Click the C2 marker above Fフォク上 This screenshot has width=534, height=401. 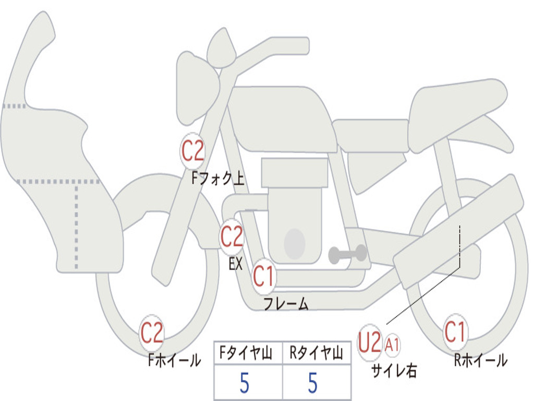coord(192,151)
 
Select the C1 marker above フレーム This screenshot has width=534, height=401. coord(264,277)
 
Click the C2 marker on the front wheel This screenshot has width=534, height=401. coord(152,333)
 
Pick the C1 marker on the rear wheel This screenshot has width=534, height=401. coord(455,332)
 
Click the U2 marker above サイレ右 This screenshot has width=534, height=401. coord(370,342)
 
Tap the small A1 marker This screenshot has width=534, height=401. coord(392,346)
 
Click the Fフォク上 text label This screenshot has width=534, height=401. coord(218,178)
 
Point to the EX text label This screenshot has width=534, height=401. coord(236,264)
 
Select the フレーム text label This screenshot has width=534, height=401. coord(286,303)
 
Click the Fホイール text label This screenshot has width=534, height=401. coord(174,360)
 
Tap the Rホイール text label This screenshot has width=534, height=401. coord(480,360)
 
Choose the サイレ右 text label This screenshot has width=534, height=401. coord(394,371)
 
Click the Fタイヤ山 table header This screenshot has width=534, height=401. coord(246,353)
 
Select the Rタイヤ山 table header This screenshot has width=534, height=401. coord(316,353)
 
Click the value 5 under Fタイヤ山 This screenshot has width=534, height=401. coord(244,383)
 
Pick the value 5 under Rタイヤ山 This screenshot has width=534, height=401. coord(313,383)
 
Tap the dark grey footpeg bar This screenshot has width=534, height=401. coord(347,254)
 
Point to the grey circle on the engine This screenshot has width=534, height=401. coord(295,244)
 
